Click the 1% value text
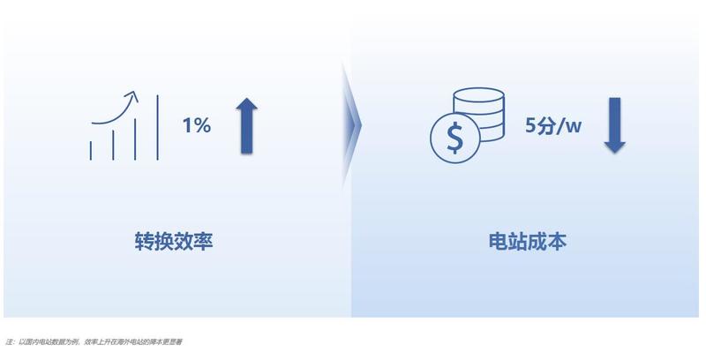pos(197,125)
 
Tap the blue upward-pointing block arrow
pos(246,125)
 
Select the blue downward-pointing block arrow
pos(614,125)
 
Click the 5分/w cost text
pos(553,125)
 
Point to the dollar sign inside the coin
pos(454,139)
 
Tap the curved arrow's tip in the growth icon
pos(134,93)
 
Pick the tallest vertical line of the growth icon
pos(158,127)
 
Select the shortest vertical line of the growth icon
pos(91,151)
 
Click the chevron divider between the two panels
pos(352,125)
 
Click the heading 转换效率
pos(174,242)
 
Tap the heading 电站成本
pos(528,242)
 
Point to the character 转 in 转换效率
pos(145,242)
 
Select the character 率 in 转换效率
pos(203,242)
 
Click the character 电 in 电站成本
pos(499,242)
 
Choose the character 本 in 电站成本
pos(557,242)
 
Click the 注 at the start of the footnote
pos(9,342)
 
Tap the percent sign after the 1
pos(203,125)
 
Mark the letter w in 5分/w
pos(573,127)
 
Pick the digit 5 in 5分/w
pos(531,125)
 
